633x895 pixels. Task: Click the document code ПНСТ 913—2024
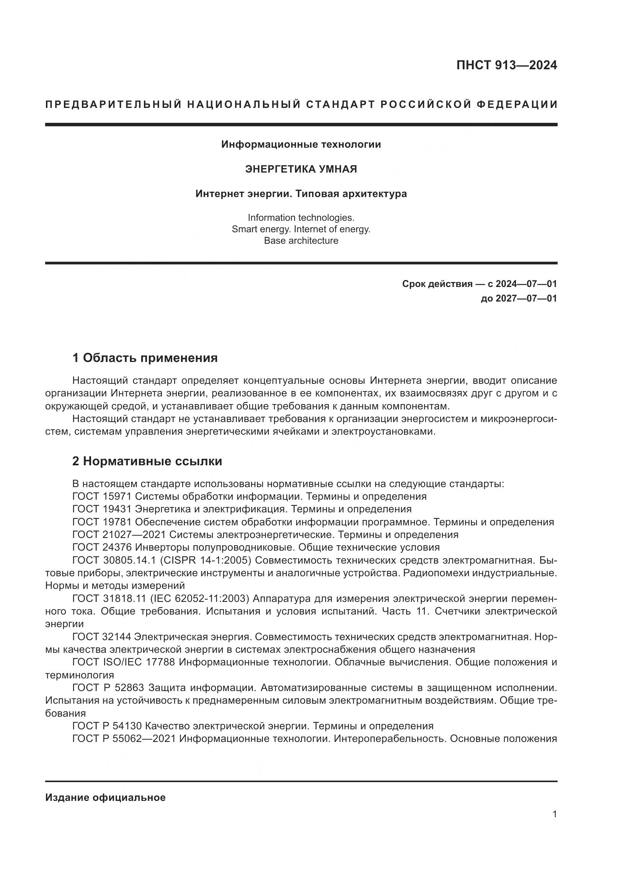[506, 65]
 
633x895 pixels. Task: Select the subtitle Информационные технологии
[301, 145]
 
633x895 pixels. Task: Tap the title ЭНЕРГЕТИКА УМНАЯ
[301, 169]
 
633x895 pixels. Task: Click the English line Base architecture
[301, 241]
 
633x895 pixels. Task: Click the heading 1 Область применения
[145, 358]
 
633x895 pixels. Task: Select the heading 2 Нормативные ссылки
[147, 461]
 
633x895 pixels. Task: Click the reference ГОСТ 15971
[102, 497]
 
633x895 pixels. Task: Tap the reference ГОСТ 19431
[102, 509]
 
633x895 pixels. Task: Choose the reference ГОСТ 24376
[102, 547]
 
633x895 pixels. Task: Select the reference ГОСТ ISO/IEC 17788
[123, 662]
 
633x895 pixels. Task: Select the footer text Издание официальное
[105, 797]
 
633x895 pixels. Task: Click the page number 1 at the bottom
[555, 814]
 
